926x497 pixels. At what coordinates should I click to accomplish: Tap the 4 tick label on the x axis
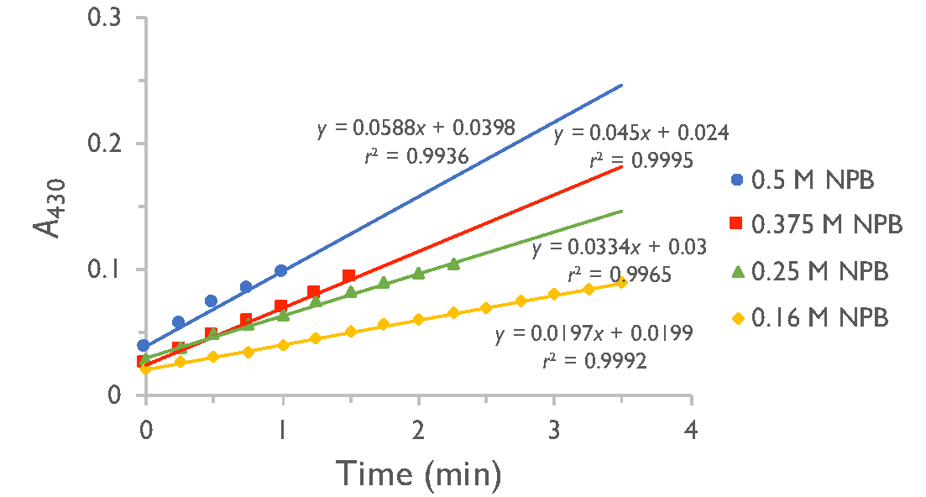691,426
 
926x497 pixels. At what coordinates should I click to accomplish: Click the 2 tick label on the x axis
418,426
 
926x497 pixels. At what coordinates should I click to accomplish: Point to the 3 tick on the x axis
554,426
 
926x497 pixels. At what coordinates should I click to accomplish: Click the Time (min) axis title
419,473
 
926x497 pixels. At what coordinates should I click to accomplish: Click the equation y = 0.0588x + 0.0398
416,128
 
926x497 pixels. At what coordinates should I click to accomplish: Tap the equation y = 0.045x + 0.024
640,133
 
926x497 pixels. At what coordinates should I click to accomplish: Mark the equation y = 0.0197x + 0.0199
593,335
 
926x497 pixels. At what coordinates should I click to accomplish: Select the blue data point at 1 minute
281,270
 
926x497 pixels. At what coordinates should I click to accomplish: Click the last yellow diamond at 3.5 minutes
622,283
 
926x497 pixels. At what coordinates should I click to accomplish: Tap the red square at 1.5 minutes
349,276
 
